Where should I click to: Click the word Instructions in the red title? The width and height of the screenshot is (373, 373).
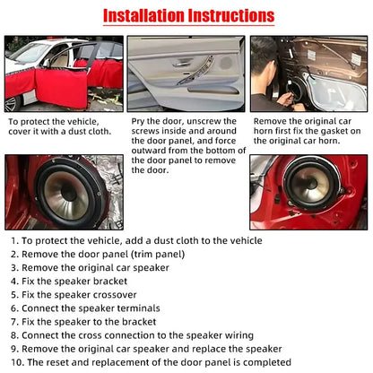point(229,16)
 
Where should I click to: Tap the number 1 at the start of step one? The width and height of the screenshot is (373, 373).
point(13,241)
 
